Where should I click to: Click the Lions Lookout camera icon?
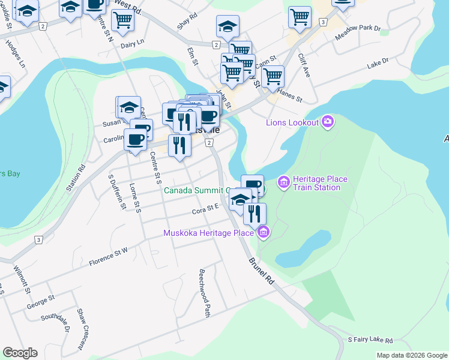coord(328,122)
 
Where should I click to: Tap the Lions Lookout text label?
coord(293,123)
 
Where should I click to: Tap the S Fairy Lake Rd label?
coord(370,340)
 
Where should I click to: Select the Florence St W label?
coord(109,257)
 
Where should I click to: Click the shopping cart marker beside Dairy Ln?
coord(122,19)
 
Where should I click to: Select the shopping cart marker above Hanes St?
coord(273,76)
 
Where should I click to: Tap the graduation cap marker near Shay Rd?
coord(228,26)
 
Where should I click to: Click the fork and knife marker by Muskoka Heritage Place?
coord(255,213)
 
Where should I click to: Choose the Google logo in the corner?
coord(20,352)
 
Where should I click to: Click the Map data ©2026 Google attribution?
coord(412,355)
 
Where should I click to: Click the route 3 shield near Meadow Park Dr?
coord(323,22)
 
